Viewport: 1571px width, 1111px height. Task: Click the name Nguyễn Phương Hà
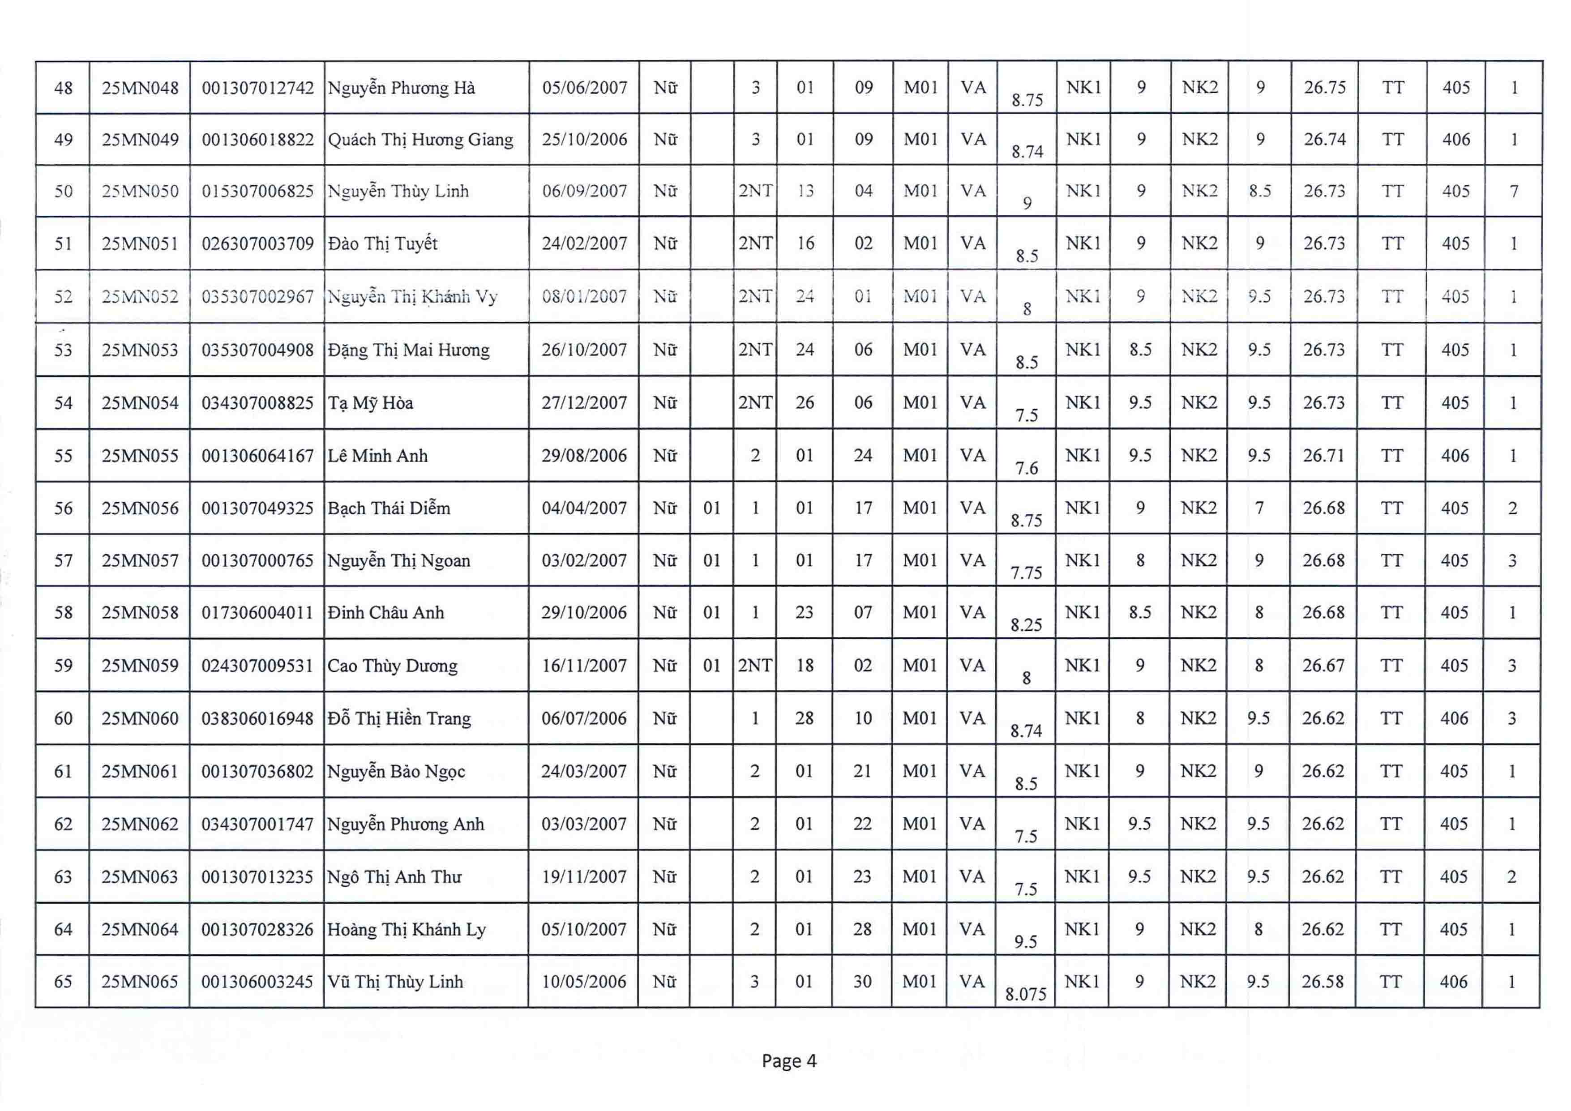(x=401, y=88)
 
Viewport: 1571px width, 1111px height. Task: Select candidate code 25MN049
(x=140, y=140)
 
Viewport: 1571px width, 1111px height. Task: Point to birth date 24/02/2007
(x=584, y=244)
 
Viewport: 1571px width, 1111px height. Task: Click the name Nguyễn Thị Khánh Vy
(x=412, y=297)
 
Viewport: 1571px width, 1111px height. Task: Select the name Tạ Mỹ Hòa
(x=370, y=403)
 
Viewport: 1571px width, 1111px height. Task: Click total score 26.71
(x=1323, y=456)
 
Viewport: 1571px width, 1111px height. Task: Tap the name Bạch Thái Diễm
(x=389, y=508)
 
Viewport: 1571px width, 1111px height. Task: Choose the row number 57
(x=63, y=561)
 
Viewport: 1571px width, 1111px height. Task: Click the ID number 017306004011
(x=257, y=613)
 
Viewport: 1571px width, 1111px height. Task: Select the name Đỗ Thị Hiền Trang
(x=399, y=718)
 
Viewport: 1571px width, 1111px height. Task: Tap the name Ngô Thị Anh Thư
(x=394, y=877)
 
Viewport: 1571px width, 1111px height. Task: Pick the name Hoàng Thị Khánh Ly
(x=407, y=930)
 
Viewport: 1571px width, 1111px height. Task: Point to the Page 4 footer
(x=789, y=1061)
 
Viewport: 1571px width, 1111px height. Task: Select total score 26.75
(x=1325, y=88)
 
